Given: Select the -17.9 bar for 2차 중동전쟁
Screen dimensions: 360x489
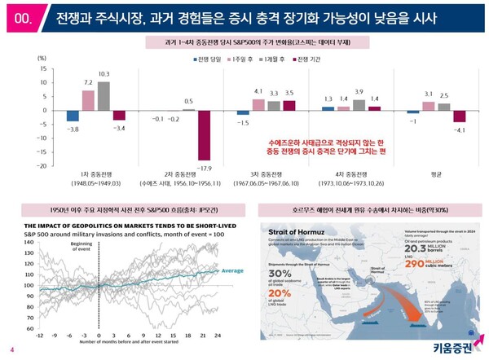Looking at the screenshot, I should [x=204, y=134].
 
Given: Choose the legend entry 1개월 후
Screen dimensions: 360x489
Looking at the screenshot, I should [x=277, y=60].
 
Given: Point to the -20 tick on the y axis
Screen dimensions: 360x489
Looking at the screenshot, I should [x=42, y=165].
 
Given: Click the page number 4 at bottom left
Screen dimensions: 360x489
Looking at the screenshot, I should [x=11, y=350].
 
